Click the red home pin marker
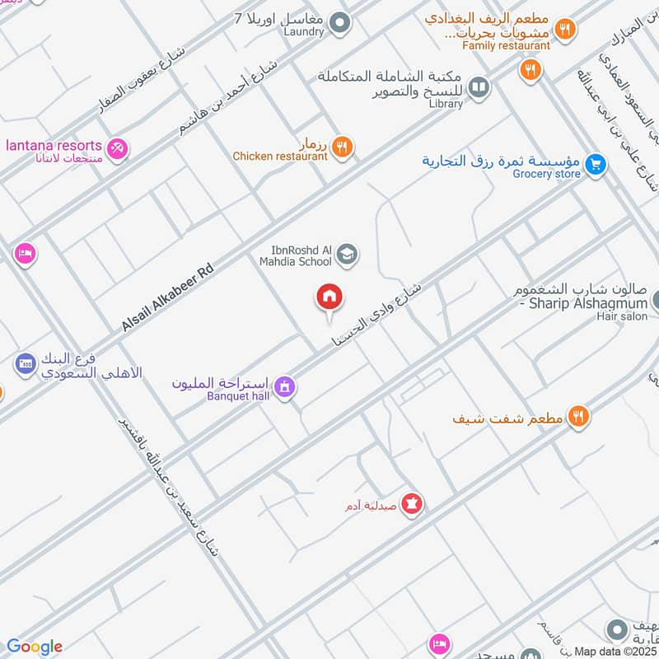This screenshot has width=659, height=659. coord(329,298)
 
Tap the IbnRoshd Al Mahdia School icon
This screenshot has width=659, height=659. coord(347,255)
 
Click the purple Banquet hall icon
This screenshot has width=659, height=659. coord(284,386)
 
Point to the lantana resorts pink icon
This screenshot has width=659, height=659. coord(118,150)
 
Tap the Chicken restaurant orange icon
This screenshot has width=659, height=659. coord(343,147)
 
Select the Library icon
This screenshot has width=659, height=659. coord(479,86)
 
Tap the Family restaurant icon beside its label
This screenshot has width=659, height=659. coord(564,29)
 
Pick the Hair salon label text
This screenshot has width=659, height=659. coord(623,316)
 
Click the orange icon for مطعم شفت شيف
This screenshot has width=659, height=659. coord(579,417)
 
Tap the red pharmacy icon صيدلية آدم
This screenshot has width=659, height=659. coord(412,503)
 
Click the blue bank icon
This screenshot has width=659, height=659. coord(25,362)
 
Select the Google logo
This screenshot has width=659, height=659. coord(35,647)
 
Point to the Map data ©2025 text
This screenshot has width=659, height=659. coord(615,652)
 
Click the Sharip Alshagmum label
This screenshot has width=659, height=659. coord(585,303)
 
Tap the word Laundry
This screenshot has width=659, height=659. coord(305,33)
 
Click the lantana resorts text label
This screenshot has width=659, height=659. coord(54,145)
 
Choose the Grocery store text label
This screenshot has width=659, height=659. coord(546,174)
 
